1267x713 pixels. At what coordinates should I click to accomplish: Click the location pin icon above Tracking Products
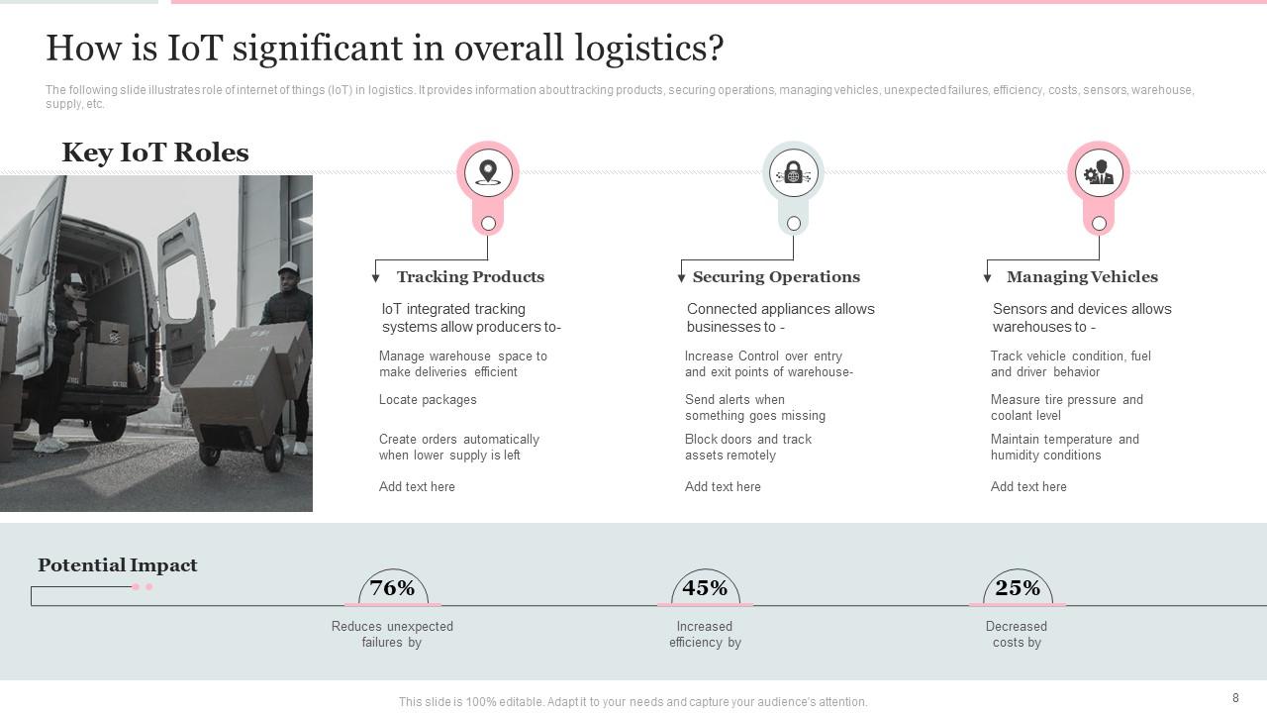(488, 173)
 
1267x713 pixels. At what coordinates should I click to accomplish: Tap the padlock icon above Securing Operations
(793, 173)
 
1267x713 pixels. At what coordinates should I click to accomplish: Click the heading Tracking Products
(470, 277)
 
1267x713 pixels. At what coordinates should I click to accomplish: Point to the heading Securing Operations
(776, 277)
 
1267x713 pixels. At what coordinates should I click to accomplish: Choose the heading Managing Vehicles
(1082, 277)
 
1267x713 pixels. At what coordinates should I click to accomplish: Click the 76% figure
(392, 588)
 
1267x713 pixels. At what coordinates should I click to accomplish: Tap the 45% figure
(705, 588)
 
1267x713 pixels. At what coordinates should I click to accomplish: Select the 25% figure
(1018, 588)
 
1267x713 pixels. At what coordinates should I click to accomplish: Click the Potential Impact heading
(118, 565)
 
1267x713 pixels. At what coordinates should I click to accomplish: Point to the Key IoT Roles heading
(155, 153)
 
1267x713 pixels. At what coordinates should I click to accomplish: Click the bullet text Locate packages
(428, 400)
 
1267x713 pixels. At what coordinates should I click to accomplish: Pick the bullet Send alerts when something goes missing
(754, 408)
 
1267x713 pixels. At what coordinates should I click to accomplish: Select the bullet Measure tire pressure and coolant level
(1066, 408)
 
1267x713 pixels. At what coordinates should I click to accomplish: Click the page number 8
(1235, 698)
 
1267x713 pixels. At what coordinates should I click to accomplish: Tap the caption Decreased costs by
(1017, 635)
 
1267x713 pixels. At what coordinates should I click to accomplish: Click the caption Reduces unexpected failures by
(392, 635)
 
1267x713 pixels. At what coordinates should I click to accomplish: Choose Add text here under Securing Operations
(723, 487)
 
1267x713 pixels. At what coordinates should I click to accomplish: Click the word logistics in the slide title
(646, 48)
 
